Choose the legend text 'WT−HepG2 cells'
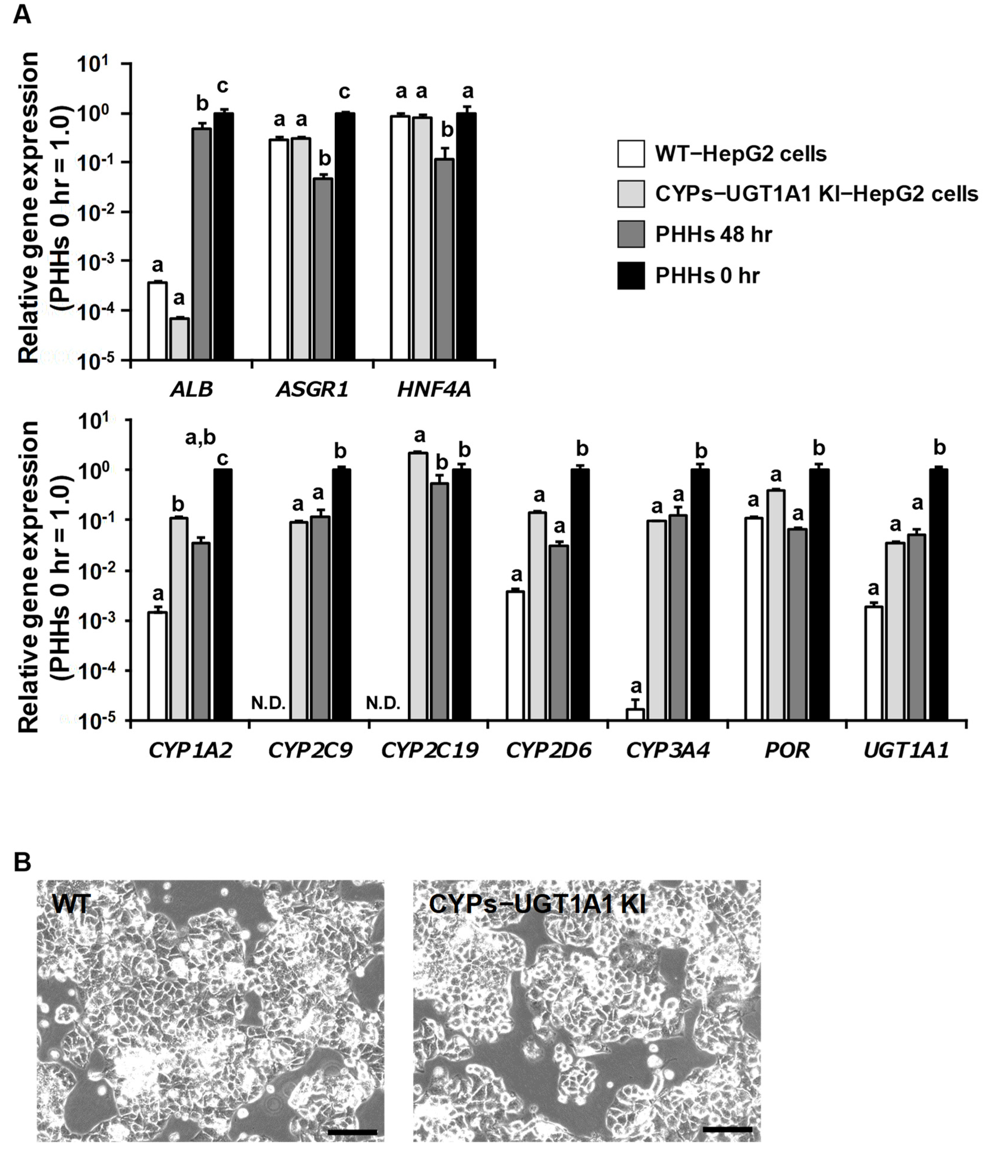click(x=740, y=154)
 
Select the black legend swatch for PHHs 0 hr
click(x=631, y=276)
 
